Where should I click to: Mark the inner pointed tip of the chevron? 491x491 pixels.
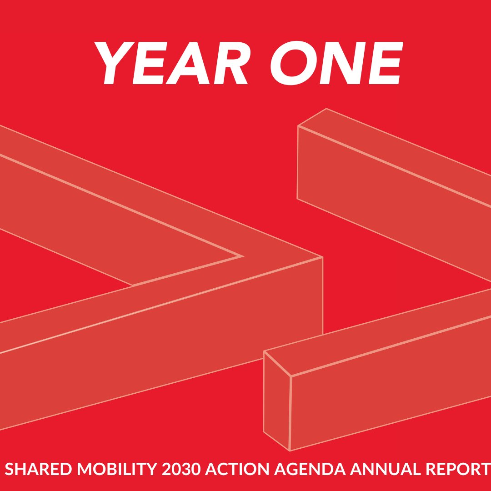(241, 256)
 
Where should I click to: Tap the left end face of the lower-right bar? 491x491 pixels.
(277, 400)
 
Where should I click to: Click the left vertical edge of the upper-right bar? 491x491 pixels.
(298, 162)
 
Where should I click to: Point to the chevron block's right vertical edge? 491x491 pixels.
(323, 296)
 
